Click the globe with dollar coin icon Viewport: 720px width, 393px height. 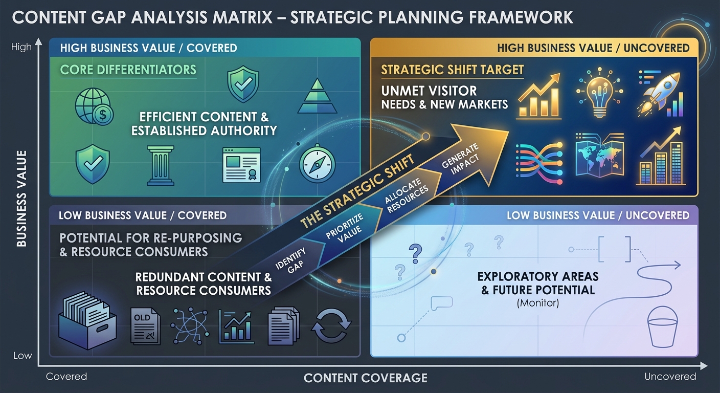[95, 108]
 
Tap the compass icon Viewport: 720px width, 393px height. [317, 165]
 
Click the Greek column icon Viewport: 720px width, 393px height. [161, 165]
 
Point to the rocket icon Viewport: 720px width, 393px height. [661, 93]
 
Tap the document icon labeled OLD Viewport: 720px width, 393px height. [145, 325]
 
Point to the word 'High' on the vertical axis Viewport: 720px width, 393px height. [21, 47]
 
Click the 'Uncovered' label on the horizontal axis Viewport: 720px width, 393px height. [670, 377]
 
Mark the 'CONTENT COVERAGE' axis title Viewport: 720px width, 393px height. [365, 378]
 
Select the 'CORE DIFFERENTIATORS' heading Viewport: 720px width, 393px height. [128, 70]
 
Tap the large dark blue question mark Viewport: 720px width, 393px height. [415, 252]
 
